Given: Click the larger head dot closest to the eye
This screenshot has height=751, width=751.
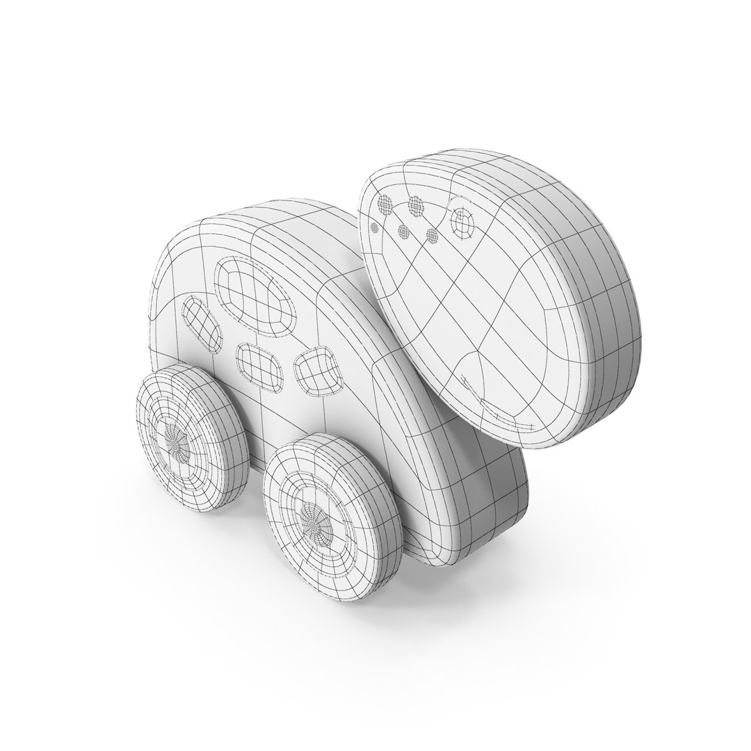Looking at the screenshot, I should [416, 204].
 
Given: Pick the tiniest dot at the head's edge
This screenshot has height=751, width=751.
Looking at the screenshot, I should [374, 226].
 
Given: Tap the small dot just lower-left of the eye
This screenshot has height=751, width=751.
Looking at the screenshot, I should [432, 236].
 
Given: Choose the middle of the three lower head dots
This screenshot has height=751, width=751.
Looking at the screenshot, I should [403, 231].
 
